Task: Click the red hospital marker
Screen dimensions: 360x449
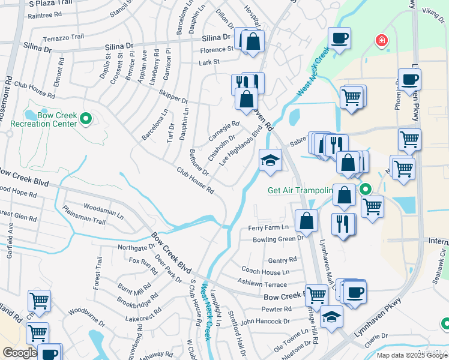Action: (381, 41)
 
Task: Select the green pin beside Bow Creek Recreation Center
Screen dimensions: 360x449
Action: (85, 119)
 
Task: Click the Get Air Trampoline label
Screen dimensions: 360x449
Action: (300, 191)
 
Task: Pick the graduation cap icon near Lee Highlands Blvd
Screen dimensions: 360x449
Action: (270, 161)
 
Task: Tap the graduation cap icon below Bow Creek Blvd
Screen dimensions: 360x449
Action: (331, 316)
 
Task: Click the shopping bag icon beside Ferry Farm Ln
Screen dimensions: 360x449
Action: (306, 220)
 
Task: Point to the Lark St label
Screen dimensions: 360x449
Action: (209, 62)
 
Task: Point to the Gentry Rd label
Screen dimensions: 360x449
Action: (282, 260)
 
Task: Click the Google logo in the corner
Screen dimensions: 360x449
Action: (19, 353)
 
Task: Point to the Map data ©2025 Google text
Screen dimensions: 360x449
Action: (412, 355)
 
